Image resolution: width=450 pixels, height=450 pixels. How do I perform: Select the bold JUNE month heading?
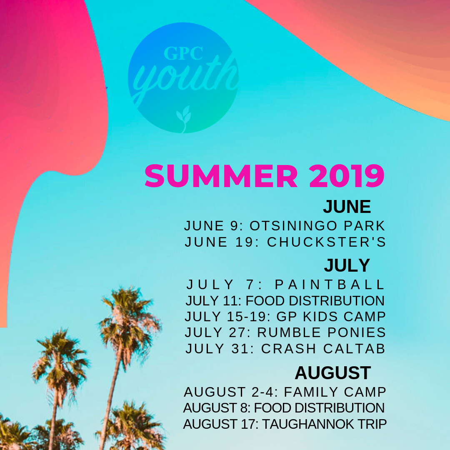coord(347,206)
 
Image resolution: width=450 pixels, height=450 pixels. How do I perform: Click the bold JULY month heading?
coord(347,265)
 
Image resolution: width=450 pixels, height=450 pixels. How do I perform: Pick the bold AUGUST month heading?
coord(333,373)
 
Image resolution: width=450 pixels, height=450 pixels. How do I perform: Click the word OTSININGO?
coord(293,226)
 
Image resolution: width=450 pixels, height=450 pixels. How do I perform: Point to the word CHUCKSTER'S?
coord(327,242)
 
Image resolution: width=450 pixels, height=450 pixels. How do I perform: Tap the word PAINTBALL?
coord(330,285)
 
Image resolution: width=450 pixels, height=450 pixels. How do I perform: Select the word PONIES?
coord(357,332)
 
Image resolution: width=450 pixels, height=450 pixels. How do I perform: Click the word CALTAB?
coord(354,349)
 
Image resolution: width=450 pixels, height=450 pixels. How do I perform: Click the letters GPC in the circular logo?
coord(183,53)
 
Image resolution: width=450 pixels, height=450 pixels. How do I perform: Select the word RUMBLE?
coord(289,332)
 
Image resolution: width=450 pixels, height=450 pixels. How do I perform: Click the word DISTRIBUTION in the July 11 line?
coord(337,301)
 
